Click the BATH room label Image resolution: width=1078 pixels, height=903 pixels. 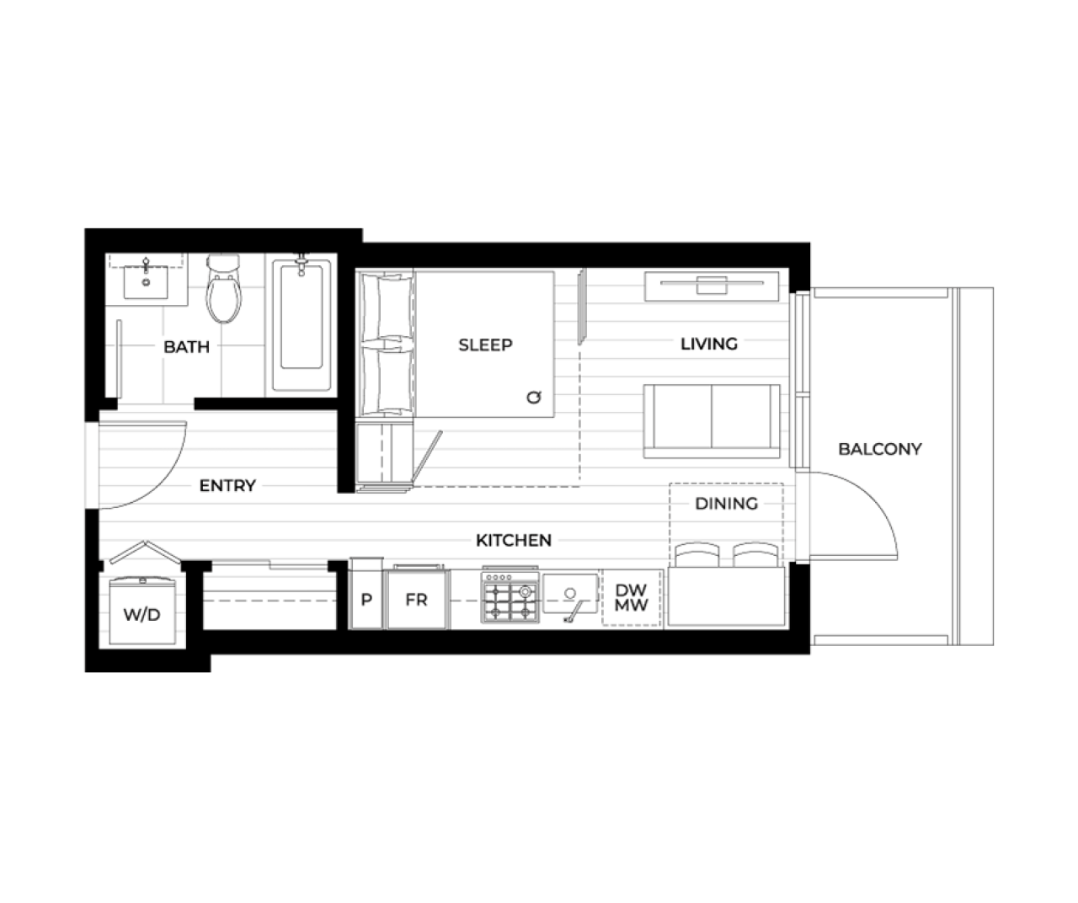186,346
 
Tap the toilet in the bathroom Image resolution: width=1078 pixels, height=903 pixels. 223,288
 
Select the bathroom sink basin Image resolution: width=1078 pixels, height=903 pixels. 146,282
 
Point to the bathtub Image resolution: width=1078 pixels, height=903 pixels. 302,325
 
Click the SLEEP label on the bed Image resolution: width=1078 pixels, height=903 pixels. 485,345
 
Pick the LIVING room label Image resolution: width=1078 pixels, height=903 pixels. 709,344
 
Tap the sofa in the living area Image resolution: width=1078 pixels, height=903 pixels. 712,421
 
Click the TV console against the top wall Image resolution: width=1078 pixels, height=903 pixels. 712,286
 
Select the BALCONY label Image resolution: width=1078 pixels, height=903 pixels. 880,449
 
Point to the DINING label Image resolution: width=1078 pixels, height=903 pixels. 727,504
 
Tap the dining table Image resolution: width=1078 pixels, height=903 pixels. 727,596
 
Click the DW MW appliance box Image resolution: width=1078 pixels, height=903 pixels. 632,598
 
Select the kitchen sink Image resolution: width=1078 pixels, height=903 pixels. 570,594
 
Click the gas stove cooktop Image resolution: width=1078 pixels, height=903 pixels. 510,596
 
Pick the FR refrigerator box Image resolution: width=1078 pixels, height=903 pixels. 417,600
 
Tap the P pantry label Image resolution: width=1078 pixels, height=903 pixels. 366,600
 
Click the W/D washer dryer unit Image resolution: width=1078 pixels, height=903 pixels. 142,612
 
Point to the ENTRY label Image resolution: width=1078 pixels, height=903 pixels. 227,486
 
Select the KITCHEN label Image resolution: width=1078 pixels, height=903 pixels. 514,541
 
